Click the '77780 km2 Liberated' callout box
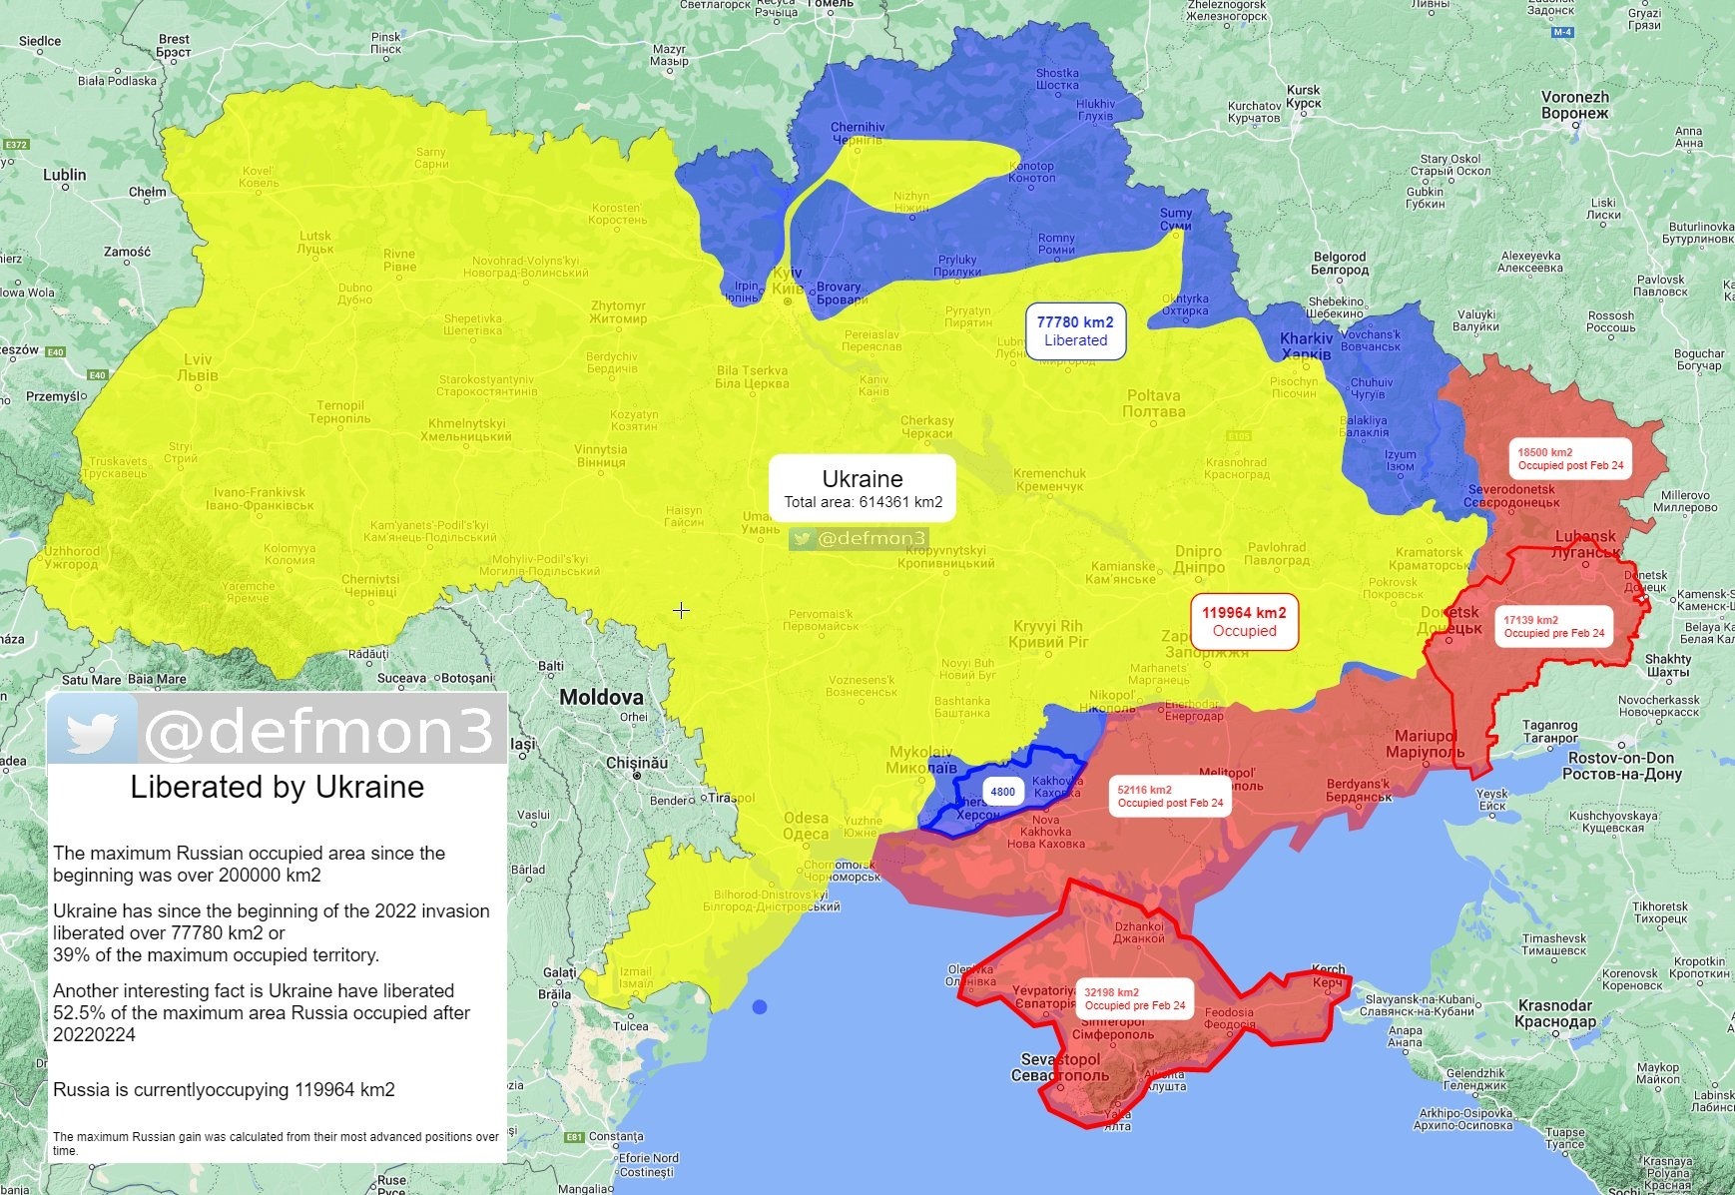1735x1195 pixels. click(x=1075, y=331)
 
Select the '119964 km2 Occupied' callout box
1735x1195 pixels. click(x=1244, y=621)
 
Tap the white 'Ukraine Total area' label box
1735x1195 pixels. click(x=863, y=489)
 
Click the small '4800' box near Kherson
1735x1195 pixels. click(x=1002, y=792)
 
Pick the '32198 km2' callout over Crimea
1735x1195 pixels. click(x=1135, y=998)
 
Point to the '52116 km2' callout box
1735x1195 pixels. click(x=1169, y=796)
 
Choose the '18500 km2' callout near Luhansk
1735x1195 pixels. click(x=1570, y=458)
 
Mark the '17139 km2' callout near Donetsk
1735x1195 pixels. click(x=1553, y=626)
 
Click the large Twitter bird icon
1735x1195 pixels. click(x=92, y=731)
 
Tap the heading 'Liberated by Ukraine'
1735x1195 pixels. click(x=277, y=787)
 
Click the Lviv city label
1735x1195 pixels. click(x=198, y=367)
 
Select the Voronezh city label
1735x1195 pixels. click(x=1574, y=105)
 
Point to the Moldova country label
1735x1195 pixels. click(x=601, y=697)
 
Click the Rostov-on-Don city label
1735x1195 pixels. click(x=1621, y=766)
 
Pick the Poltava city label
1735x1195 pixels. click(x=1153, y=403)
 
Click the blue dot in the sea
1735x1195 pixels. click(x=760, y=1006)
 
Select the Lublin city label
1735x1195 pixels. click(x=65, y=175)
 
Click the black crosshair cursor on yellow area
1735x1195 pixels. click(x=681, y=610)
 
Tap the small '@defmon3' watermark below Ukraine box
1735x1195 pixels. click(x=860, y=539)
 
